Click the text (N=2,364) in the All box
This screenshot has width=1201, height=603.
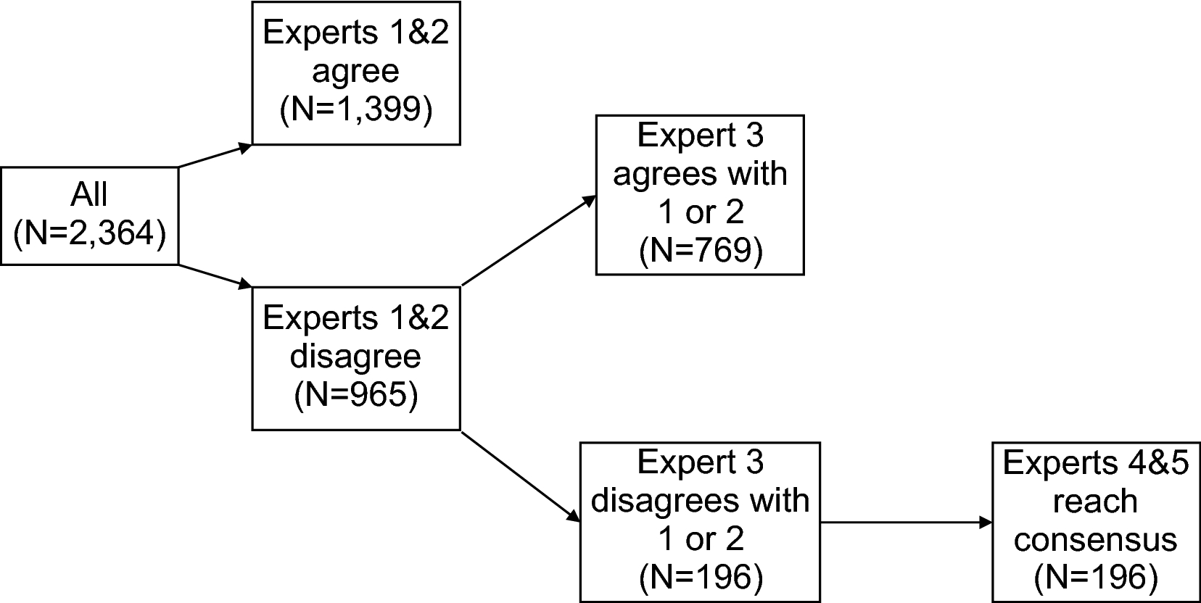click(89, 233)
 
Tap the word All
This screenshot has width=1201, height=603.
click(89, 196)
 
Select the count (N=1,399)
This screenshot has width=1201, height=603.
click(355, 109)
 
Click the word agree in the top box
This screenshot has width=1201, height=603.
click(355, 72)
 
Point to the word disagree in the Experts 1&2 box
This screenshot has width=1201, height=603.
click(355, 357)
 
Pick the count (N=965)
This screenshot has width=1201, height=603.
click(355, 395)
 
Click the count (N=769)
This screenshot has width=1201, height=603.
click(700, 250)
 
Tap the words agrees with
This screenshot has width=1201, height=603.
click(700, 175)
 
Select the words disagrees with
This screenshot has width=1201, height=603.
click(700, 502)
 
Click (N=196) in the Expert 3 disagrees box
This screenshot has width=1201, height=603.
click(700, 577)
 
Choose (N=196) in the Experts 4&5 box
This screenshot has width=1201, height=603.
click(1095, 577)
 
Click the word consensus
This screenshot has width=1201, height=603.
click(1095, 540)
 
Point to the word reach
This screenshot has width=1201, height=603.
click(1095, 502)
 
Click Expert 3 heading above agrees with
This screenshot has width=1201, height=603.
click(700, 136)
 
